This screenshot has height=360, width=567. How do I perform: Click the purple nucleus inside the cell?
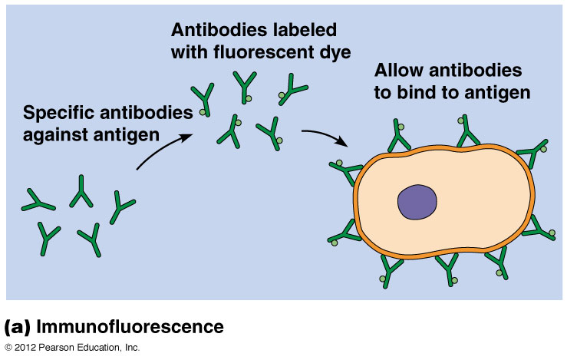point(417,203)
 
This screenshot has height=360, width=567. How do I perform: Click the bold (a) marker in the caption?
point(17,328)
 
